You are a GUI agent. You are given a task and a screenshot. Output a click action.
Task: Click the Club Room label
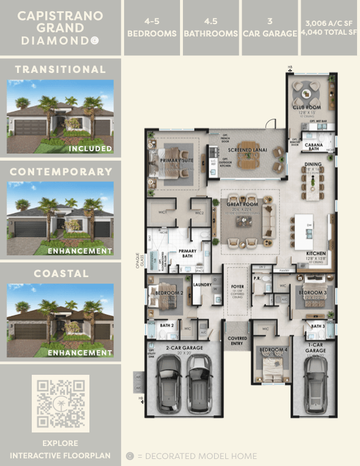pos(306,108)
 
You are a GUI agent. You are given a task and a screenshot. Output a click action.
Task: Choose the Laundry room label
pos(202,284)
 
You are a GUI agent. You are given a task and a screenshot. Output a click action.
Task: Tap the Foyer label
pos(238,286)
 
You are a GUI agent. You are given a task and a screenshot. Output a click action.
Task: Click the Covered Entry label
pos(237,340)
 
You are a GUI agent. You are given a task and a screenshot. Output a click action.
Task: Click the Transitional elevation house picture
pos(60,117)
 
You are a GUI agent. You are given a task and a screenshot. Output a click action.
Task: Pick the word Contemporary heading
pos(61,172)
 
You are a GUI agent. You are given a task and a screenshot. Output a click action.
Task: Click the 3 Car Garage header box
pos(269,27)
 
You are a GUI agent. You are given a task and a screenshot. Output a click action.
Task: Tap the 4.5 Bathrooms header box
pos(211,27)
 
